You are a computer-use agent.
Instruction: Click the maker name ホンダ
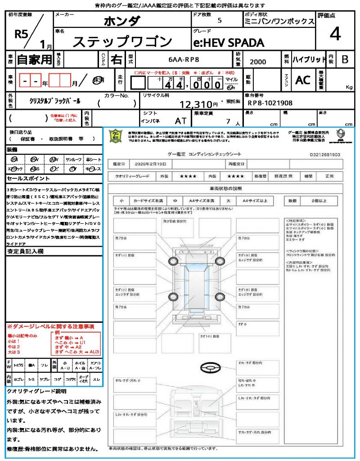click(122, 21)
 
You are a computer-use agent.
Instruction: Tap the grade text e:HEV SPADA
click(228, 43)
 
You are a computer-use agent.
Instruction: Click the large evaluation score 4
click(335, 34)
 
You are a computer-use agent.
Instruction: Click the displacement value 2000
click(258, 62)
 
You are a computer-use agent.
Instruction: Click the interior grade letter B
click(345, 59)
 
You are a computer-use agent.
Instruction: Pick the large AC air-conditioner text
click(302, 80)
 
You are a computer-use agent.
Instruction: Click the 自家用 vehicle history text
click(34, 59)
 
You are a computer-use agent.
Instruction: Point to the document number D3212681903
click(325, 154)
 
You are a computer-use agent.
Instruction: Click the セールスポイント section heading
click(25, 179)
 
